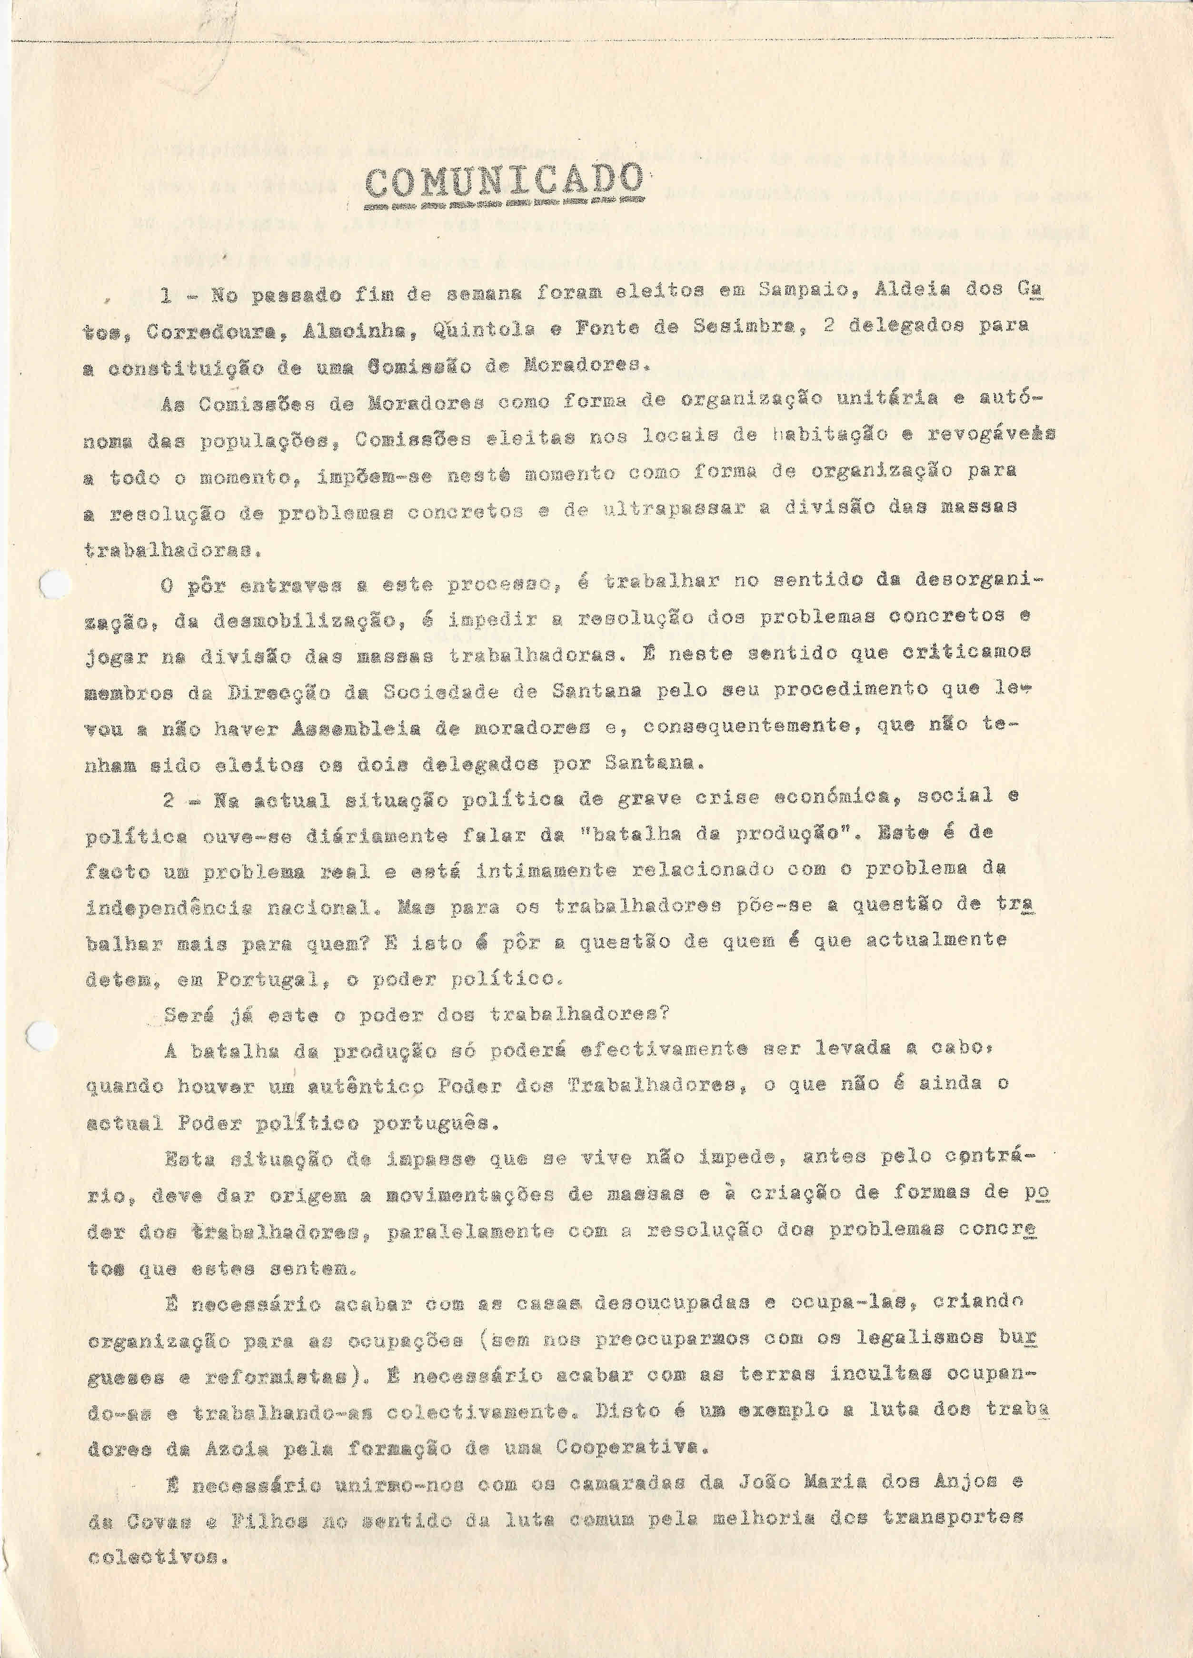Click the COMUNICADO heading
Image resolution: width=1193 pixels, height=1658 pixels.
(505, 182)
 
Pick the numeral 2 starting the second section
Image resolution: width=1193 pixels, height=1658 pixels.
(169, 801)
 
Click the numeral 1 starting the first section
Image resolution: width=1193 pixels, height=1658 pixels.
(167, 295)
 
